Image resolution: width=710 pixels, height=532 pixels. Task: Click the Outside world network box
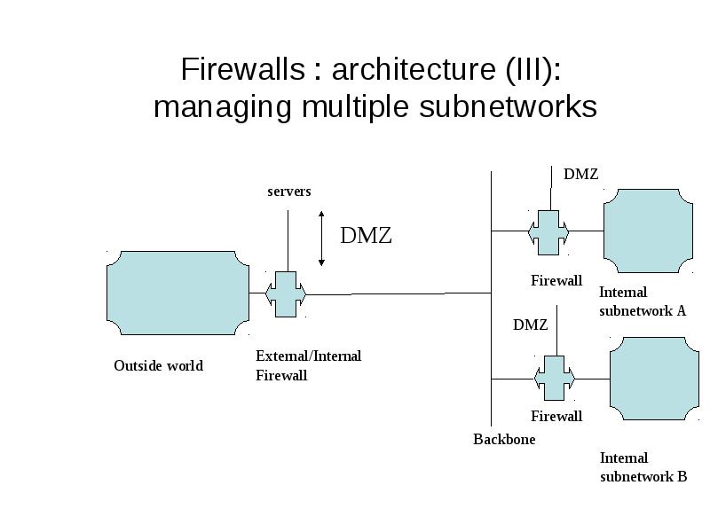tap(177, 293)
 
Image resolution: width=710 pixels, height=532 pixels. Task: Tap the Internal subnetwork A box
tap(648, 231)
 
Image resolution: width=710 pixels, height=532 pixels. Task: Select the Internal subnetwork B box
tap(654, 379)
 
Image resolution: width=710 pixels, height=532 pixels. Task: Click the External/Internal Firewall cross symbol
tap(286, 294)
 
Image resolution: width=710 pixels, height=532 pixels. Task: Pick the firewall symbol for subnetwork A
tap(548, 232)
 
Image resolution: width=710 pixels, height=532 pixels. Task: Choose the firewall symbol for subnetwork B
tap(554, 379)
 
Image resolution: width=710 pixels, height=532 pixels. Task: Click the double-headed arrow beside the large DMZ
tap(321, 239)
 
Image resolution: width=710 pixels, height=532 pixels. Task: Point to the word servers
tap(289, 192)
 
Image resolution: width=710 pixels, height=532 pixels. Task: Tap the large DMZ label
tap(366, 235)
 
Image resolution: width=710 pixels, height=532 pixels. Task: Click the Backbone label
tap(504, 439)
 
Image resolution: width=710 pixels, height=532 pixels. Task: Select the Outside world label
tap(159, 365)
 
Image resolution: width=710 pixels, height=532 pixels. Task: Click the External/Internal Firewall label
tap(308, 365)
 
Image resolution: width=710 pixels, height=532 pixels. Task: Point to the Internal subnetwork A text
tap(643, 301)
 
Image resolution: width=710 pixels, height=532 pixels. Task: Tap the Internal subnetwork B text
tap(643, 467)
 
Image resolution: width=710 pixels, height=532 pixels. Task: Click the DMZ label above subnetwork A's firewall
tap(581, 174)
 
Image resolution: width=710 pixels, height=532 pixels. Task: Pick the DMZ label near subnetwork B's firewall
tap(530, 325)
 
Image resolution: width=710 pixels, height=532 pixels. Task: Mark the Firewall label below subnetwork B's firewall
tap(556, 416)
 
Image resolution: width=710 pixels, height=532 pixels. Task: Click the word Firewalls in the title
tap(243, 69)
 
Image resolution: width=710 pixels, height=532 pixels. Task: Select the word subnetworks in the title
tap(508, 107)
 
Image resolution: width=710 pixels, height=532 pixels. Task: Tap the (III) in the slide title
tap(528, 70)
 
